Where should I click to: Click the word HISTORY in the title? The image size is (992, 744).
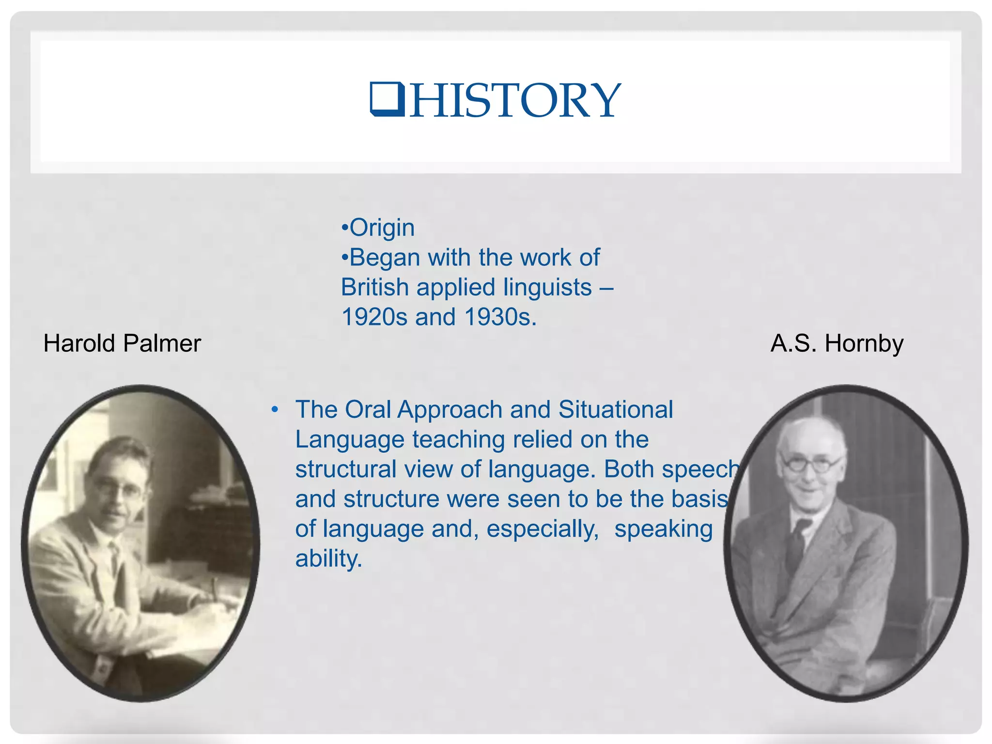point(514,101)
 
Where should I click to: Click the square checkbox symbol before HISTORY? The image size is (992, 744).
point(387,99)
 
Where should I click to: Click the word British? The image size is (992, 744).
point(375,287)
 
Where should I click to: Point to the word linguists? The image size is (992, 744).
point(547,287)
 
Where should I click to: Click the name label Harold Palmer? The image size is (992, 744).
point(122,343)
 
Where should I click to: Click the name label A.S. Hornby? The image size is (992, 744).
point(837,343)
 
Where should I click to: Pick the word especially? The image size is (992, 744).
point(542,529)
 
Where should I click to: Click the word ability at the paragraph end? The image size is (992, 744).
point(328,559)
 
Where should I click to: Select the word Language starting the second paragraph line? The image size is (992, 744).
point(350,440)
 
